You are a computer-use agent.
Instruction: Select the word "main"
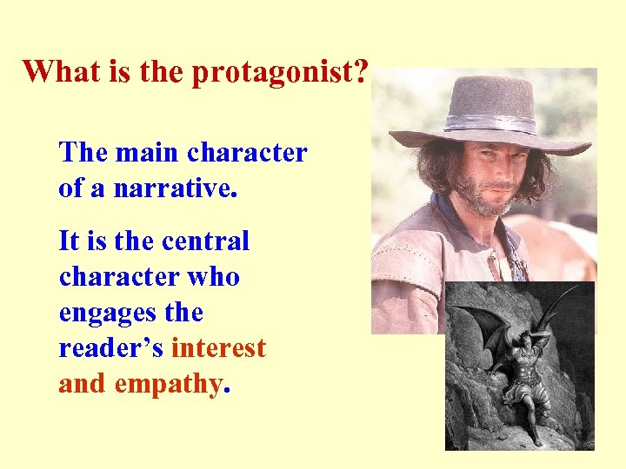[149, 153]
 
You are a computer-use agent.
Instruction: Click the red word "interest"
[218, 348]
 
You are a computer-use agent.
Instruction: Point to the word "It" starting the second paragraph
[68, 241]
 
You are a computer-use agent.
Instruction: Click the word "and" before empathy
[79, 384]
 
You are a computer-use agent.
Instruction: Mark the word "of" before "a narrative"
[72, 188]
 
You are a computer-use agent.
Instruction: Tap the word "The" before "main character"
[83, 153]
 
